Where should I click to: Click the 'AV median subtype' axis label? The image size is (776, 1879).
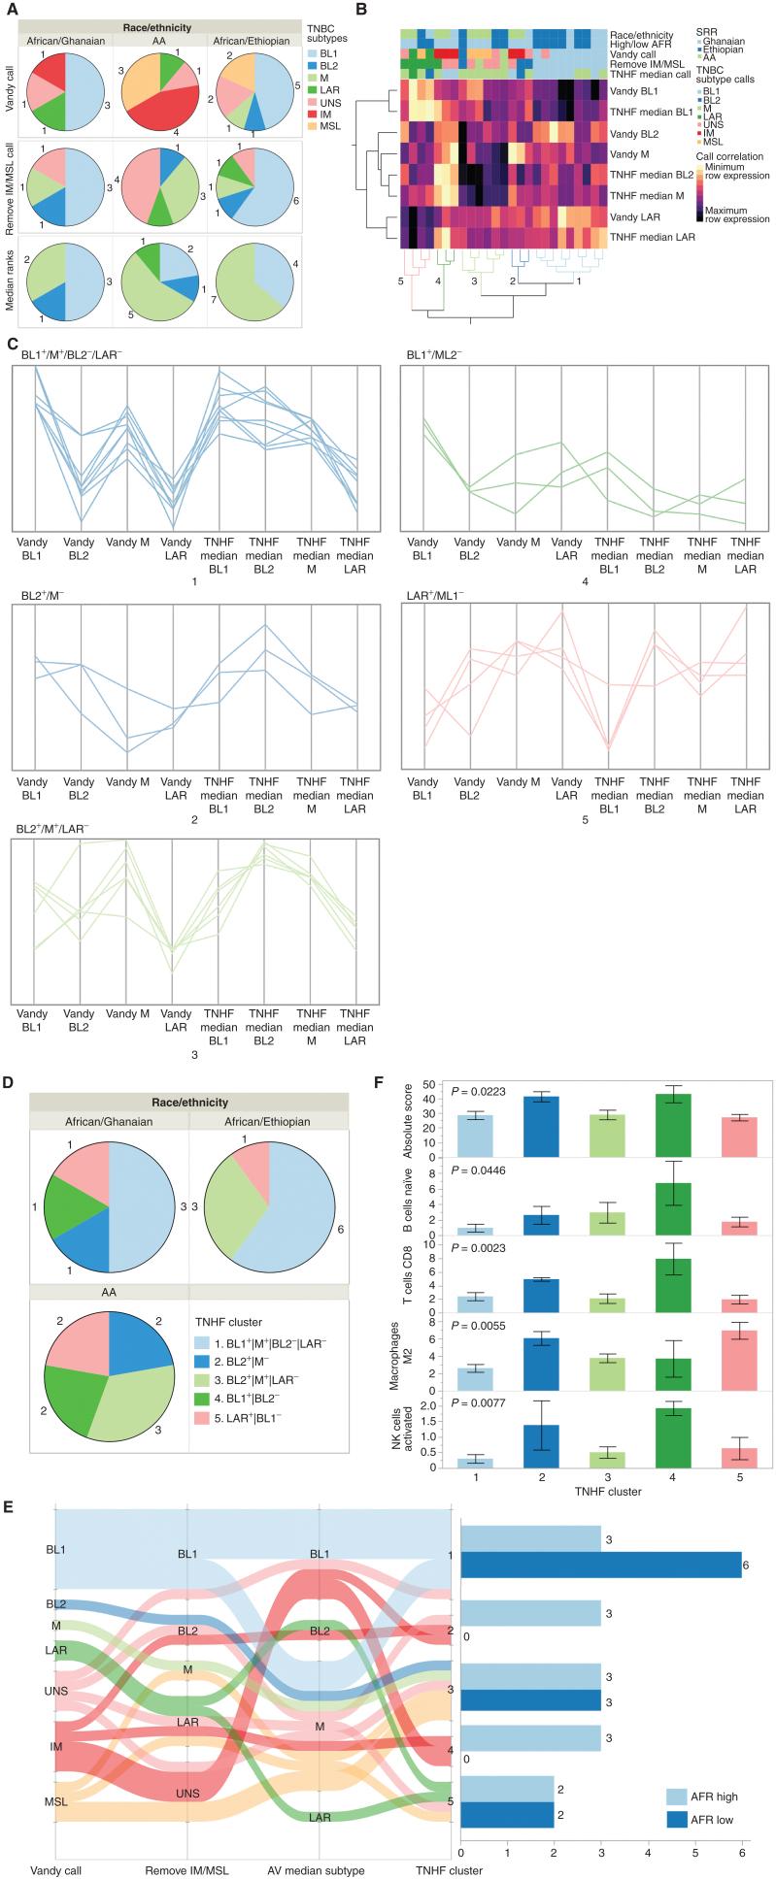(x=320, y=1869)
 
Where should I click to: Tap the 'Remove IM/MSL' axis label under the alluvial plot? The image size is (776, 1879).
(x=186, y=1869)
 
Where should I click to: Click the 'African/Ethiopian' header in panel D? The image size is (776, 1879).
(x=269, y=1121)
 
